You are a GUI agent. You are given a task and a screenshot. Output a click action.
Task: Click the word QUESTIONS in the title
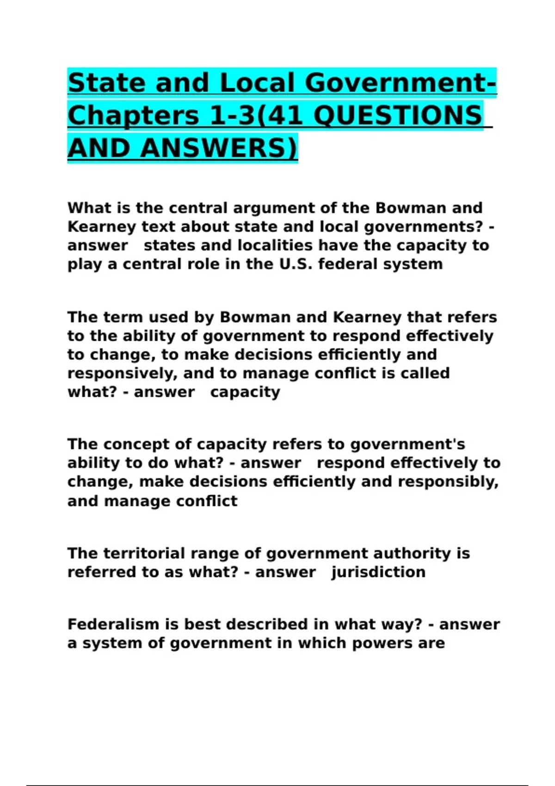coord(398,115)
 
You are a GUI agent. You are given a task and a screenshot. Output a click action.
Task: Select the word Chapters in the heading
coord(133,115)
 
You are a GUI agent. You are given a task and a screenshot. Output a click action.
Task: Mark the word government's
coord(407,444)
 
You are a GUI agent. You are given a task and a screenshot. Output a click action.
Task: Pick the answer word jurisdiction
coord(378,572)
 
